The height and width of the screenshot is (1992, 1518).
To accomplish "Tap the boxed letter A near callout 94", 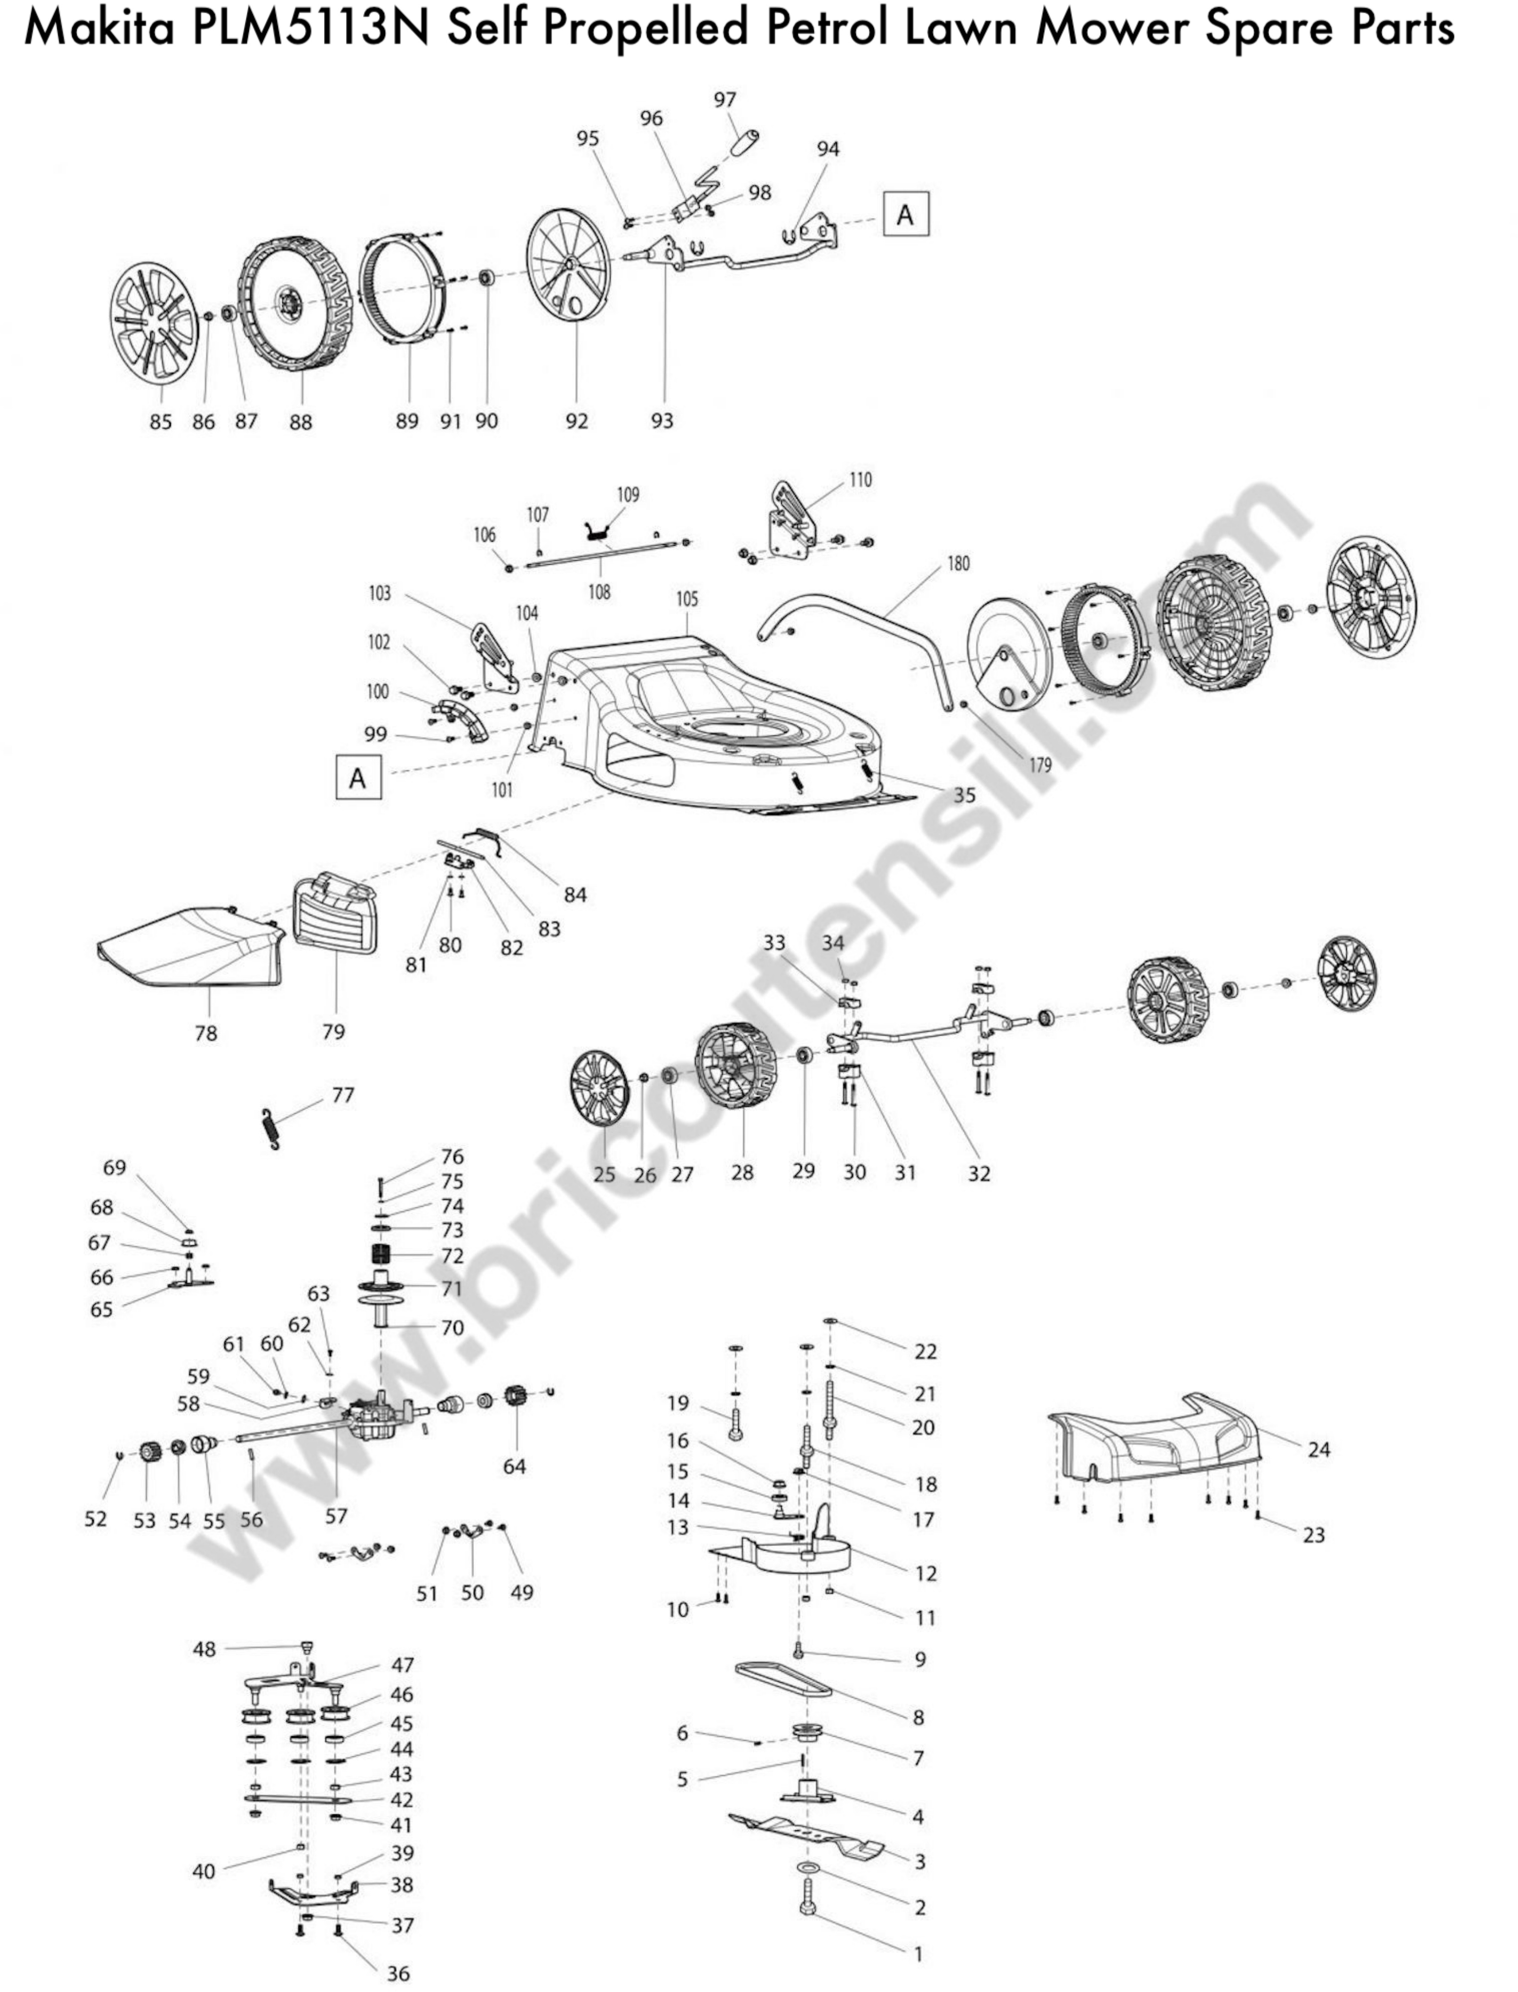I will coord(905,214).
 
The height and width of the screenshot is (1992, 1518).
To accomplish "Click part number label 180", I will coord(958,564).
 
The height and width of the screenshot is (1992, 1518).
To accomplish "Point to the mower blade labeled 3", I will coord(804,1834).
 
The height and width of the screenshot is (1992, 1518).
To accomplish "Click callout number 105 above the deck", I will coord(687,599).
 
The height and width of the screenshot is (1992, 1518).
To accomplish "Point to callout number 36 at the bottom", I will coord(398,1974).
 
